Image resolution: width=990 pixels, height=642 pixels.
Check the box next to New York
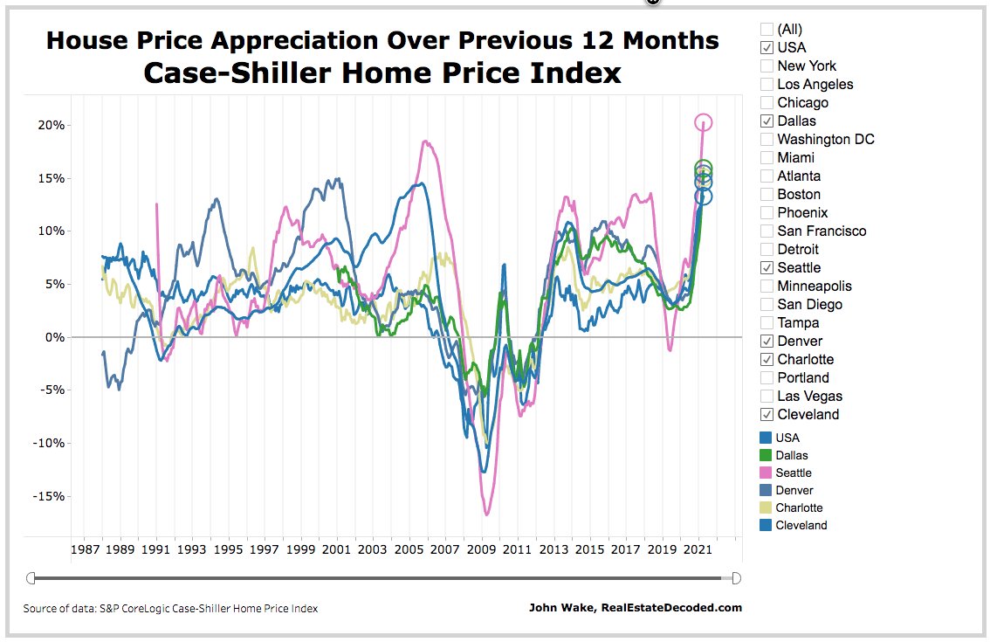767,66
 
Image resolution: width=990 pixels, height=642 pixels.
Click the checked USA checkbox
767,47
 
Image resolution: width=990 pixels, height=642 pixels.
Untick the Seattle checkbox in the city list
767,267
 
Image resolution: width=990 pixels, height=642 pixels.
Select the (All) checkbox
767,29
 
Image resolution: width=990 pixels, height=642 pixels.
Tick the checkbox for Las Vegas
767,396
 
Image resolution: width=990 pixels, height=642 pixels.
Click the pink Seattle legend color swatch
766,473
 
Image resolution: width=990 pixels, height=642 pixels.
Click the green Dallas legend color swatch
766,455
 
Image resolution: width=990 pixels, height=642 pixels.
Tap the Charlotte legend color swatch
766,507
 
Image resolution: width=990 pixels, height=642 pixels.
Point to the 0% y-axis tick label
55,337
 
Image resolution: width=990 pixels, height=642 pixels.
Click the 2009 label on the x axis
480,549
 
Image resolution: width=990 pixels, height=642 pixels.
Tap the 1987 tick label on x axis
85,549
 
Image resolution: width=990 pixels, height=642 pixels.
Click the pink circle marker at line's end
704,122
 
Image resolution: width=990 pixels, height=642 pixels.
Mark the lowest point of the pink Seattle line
486,514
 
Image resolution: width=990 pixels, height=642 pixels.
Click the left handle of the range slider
31,577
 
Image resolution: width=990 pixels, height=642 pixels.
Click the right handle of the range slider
736,577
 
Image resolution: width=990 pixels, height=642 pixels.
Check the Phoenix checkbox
767,212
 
